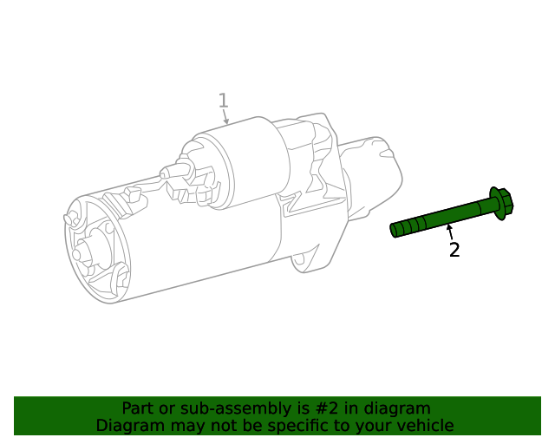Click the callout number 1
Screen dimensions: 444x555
223,101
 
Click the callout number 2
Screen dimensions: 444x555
454,251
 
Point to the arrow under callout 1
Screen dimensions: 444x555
225,118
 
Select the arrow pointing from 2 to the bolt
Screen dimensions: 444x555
449,230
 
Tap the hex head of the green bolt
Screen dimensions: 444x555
502,202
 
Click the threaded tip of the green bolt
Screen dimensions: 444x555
398,229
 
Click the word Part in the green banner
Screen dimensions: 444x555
138,408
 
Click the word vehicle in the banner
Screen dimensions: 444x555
425,426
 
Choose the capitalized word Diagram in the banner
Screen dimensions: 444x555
129,426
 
